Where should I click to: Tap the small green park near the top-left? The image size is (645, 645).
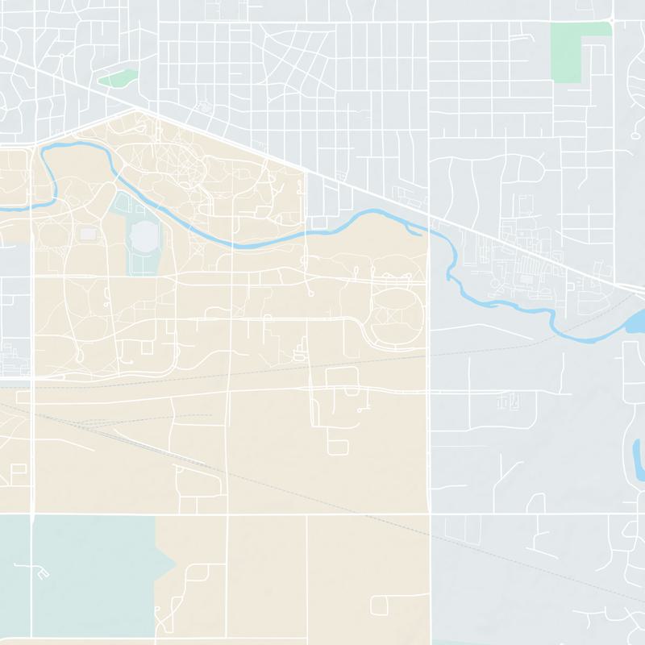click(x=118, y=79)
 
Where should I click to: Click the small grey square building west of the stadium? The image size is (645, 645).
click(x=88, y=234)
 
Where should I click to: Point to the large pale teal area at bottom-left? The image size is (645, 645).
click(x=81, y=572)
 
